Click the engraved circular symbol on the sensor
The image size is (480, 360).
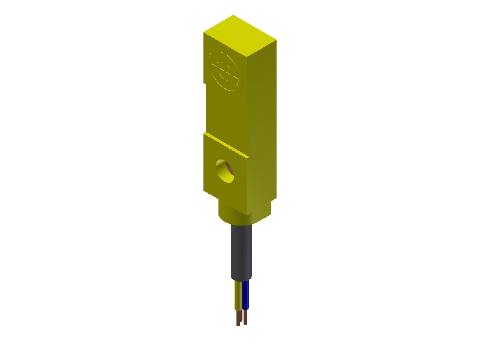point(225,71)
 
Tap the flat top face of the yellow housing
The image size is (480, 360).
point(240,35)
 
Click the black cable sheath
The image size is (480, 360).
point(242,252)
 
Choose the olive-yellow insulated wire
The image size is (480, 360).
point(239,295)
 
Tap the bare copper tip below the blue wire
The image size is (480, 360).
point(245,317)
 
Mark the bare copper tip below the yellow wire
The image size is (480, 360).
point(238,318)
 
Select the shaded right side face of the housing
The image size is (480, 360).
point(262,126)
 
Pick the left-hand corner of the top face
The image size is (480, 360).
point(204,32)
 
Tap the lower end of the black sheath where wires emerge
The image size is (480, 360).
point(242,280)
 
